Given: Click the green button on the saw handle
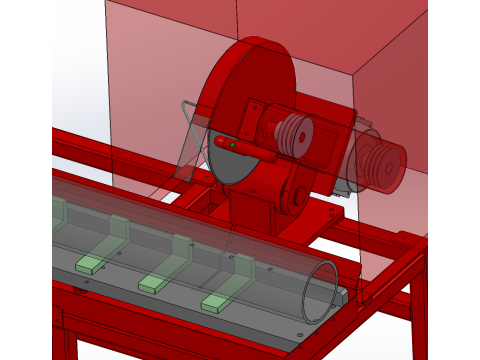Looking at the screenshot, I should (233, 146).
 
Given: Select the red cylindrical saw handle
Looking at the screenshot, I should (246, 150).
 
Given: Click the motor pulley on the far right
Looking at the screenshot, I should (384, 164).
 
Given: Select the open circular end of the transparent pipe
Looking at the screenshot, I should (321, 291).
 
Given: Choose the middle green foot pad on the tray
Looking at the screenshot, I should (154, 284).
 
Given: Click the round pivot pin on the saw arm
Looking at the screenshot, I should (297, 197).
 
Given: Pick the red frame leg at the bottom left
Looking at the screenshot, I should (62, 335).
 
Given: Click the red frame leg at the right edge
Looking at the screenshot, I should (418, 310).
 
